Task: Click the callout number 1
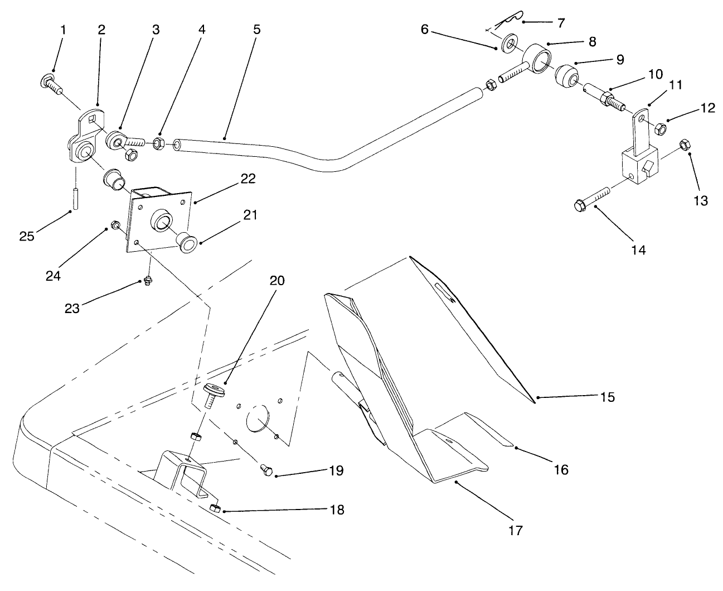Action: (x=62, y=30)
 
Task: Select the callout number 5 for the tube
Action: (x=256, y=30)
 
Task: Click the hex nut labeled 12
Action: (x=659, y=128)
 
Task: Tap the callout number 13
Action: (x=700, y=200)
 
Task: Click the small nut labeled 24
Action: (x=115, y=225)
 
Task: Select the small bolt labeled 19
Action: (x=267, y=472)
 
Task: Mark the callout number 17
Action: (x=516, y=530)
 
